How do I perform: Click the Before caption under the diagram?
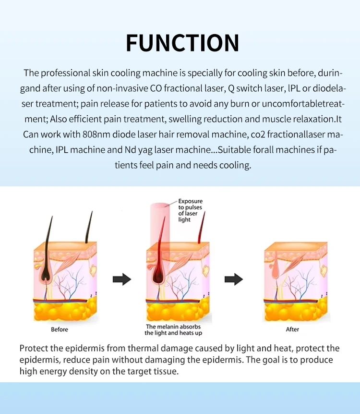(x=60, y=329)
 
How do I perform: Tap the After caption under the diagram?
(x=292, y=329)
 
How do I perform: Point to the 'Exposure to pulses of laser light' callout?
(x=190, y=210)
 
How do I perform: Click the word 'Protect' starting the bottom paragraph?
(x=34, y=348)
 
